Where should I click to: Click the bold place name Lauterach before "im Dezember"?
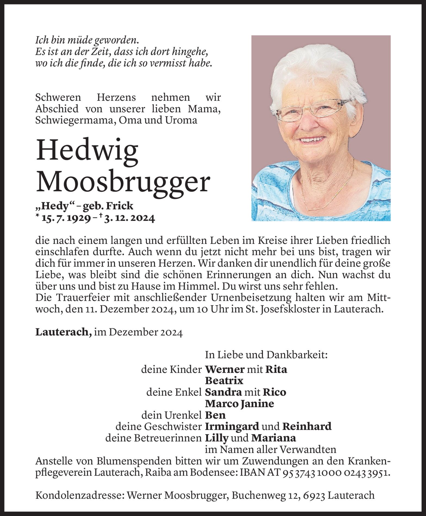click(x=63, y=333)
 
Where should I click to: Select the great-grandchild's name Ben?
click(x=215, y=415)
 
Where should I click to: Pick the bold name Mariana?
click(x=273, y=438)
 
